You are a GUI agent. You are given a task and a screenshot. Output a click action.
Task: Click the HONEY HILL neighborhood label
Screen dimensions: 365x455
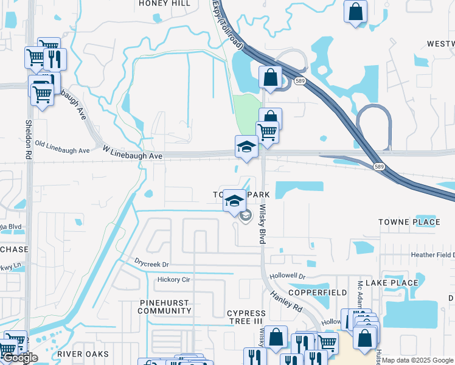click(x=164, y=3)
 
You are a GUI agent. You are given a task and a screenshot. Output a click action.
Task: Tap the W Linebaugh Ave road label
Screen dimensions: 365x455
click(x=133, y=156)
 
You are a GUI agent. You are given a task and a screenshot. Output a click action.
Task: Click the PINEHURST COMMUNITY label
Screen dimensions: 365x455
click(x=164, y=307)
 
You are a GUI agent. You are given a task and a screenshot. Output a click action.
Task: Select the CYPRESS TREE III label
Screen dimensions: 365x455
click(x=246, y=317)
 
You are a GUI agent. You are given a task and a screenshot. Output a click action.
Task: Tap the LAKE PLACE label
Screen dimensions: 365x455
click(x=397, y=283)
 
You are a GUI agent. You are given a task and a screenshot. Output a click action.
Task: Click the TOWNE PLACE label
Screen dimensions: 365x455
click(x=409, y=222)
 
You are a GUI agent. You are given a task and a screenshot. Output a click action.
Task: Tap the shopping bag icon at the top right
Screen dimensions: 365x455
click(x=355, y=12)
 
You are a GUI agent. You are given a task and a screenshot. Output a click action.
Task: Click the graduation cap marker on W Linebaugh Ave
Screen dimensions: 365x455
click(x=246, y=147)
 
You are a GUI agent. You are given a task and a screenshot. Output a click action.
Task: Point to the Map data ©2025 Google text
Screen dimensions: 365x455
click(x=417, y=361)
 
